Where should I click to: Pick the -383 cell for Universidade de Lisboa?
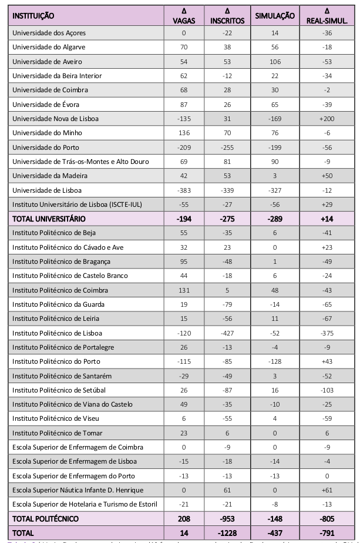click(x=184, y=190)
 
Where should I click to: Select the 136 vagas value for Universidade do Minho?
click(x=184, y=133)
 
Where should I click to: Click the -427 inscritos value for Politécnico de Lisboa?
click(x=227, y=333)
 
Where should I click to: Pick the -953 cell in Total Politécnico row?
click(x=227, y=519)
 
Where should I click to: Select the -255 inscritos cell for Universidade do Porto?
click(x=227, y=147)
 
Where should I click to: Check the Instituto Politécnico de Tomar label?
click(x=58, y=433)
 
